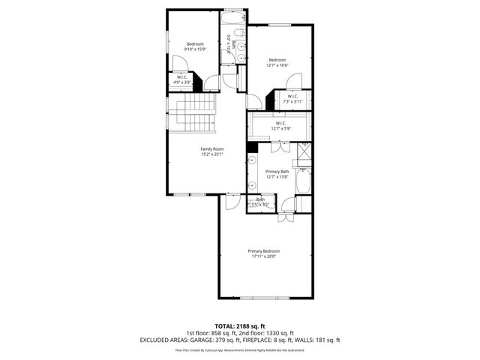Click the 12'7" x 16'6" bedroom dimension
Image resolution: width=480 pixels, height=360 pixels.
pos(277,65)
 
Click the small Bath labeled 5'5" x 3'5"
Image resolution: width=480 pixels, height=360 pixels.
pos(260,201)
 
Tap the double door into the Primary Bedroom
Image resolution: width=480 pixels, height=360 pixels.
pos(286,217)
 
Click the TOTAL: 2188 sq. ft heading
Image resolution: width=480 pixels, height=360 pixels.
pos(240,326)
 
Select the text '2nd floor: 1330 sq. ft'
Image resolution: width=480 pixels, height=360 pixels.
pos(267,333)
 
